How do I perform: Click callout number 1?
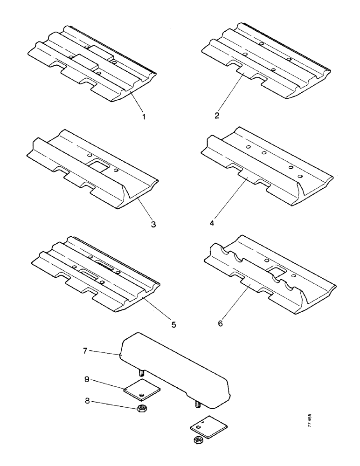pyautogui.click(x=144, y=117)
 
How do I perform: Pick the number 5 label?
pyautogui.click(x=173, y=324)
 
